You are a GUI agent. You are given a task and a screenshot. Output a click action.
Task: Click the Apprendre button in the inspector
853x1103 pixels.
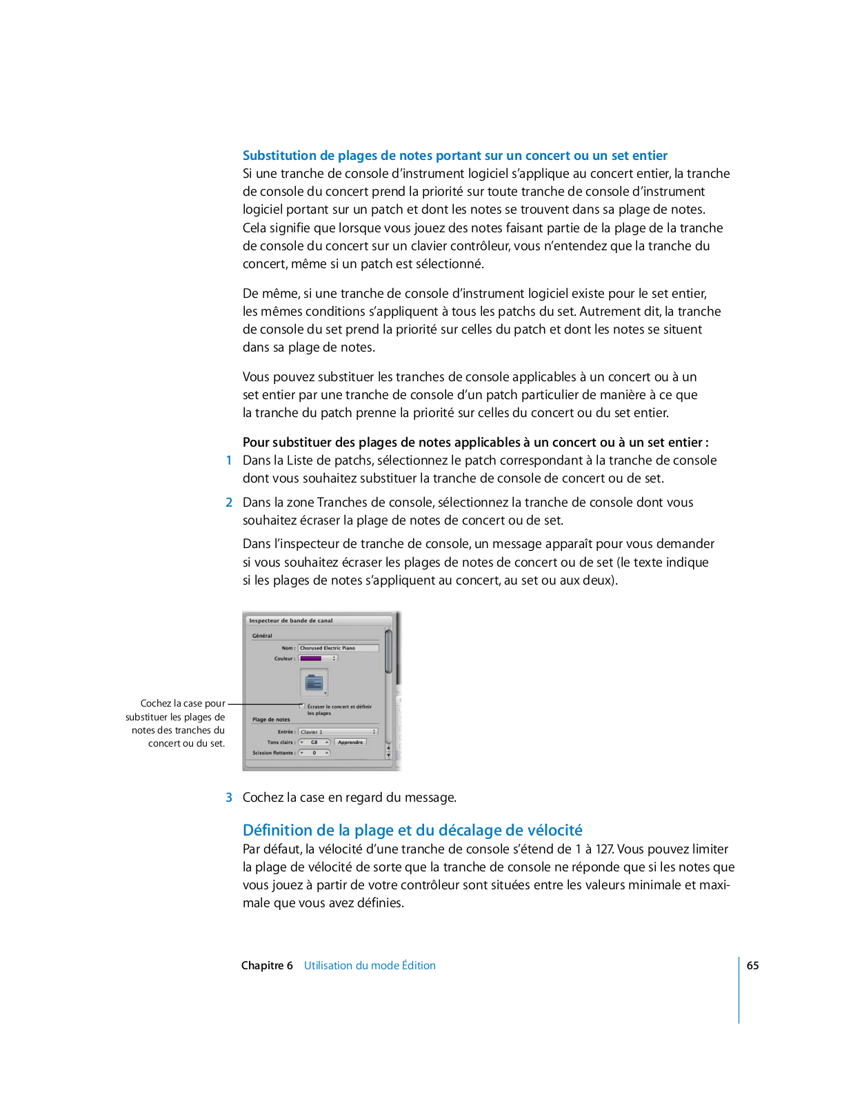(x=350, y=742)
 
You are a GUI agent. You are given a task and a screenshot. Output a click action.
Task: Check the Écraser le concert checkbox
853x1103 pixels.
(x=302, y=706)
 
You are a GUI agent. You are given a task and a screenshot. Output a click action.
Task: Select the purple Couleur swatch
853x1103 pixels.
(x=311, y=658)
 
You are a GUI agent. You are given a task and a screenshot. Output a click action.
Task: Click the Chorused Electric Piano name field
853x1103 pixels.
(x=338, y=648)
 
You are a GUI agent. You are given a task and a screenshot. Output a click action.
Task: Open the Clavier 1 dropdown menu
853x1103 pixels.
(x=339, y=732)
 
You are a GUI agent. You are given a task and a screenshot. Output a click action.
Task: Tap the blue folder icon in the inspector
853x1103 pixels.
(x=314, y=682)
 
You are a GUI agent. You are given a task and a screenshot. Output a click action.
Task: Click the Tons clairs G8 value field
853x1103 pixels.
(x=314, y=742)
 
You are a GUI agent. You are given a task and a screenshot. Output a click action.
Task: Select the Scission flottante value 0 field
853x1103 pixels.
(x=314, y=753)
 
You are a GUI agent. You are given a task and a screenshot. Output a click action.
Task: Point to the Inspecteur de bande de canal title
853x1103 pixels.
(x=291, y=620)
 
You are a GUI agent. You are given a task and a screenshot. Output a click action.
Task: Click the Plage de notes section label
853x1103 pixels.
(x=271, y=720)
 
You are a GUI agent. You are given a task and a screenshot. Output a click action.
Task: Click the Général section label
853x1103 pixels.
(x=262, y=636)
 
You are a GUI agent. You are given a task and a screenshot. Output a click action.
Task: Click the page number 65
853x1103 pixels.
(x=752, y=966)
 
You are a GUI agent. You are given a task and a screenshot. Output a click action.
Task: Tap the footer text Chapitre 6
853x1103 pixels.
(x=267, y=966)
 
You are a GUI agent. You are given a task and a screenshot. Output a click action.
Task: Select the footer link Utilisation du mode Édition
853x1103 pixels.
(x=370, y=966)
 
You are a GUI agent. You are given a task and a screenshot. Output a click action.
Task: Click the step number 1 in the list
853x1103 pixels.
(x=229, y=461)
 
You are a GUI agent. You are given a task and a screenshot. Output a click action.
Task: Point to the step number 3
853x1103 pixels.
(x=229, y=798)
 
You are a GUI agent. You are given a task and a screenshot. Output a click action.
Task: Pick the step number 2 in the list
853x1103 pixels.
(x=229, y=503)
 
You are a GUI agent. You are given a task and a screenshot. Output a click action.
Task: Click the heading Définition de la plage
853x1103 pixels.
(x=412, y=830)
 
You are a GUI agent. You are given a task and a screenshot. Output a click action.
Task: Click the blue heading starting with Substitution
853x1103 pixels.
(x=455, y=156)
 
